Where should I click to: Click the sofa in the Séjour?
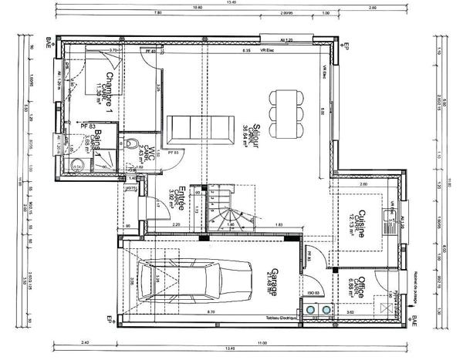coord(201,126)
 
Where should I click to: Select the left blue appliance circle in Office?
coord(313,310)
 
